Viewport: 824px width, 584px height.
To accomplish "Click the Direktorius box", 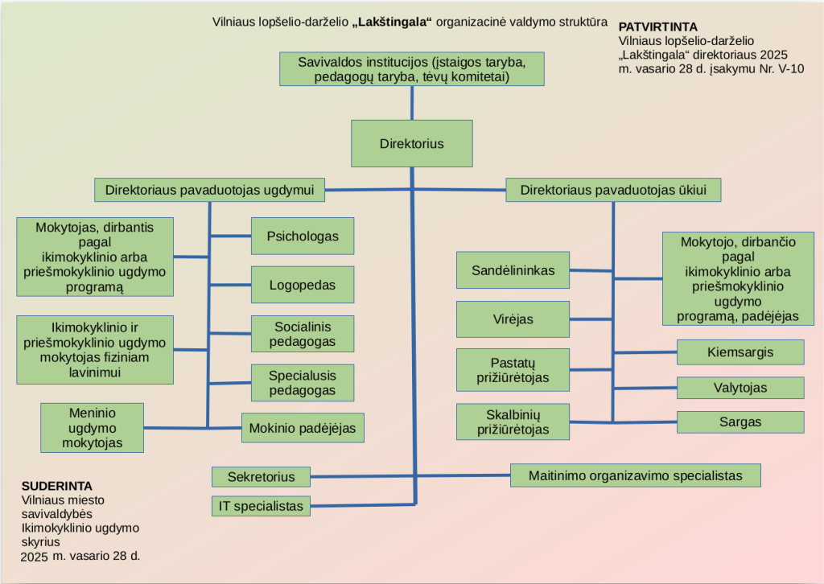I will point(411,144).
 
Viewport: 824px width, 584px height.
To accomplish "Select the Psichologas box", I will point(302,236).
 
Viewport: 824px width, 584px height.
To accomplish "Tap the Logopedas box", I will point(302,285).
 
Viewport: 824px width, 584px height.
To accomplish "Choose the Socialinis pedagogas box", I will point(302,334).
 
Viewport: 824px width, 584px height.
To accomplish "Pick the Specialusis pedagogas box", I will point(302,382).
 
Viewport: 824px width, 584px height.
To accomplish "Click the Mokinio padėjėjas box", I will point(303,427).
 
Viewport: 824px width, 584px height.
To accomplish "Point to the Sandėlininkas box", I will point(513,270).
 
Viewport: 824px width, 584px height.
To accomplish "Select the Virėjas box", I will point(513,319).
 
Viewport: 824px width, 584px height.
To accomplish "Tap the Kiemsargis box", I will point(740,352).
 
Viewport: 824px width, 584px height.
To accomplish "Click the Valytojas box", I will point(740,388).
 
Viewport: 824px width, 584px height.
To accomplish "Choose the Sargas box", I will point(740,422).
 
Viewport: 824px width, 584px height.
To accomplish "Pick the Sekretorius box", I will point(261,476).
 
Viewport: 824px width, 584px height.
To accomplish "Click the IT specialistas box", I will point(261,506).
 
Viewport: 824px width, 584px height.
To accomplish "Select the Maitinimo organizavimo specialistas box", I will point(635,475).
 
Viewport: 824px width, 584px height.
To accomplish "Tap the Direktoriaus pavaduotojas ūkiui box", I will point(613,190).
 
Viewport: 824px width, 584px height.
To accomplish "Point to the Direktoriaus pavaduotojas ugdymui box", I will point(209,190).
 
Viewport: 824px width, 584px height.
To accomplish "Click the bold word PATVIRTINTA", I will point(657,27).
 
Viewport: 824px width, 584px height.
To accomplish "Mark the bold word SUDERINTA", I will point(56,486).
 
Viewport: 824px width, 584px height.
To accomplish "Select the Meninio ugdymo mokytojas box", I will point(92,427).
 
